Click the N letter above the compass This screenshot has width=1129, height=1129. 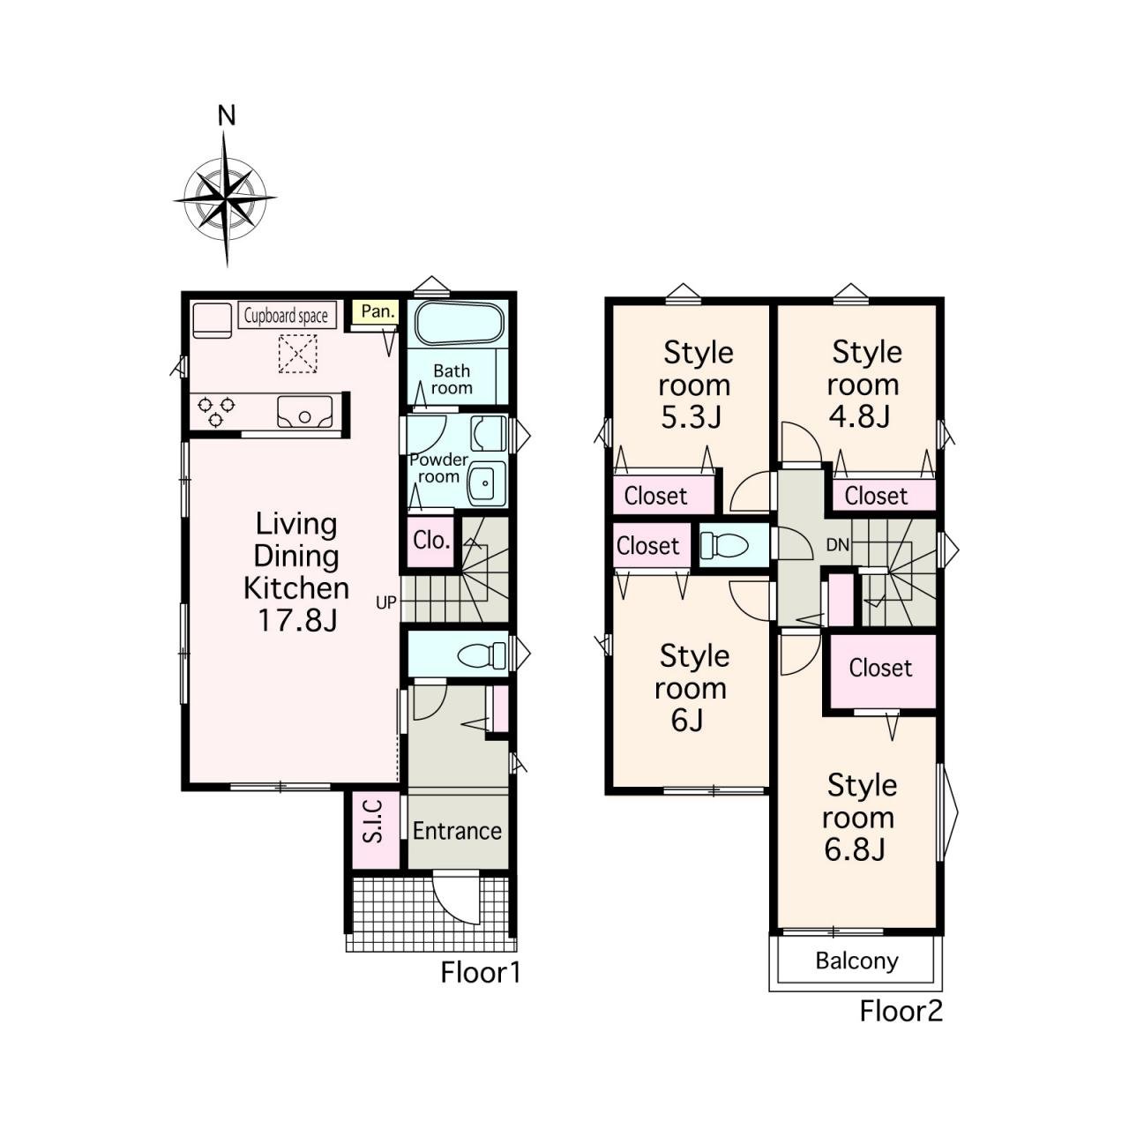coord(226,116)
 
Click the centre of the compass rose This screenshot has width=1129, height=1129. coord(226,198)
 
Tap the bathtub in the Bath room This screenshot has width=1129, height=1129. coord(460,324)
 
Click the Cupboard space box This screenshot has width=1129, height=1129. coord(287,315)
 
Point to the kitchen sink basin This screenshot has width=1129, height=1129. coord(304,411)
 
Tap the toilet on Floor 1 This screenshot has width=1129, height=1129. coord(482,654)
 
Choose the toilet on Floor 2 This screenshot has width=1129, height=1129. coord(725,545)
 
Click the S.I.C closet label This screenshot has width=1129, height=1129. coord(372,830)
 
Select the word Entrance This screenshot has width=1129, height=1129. coord(457,831)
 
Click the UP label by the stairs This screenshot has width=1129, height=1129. coord(386,602)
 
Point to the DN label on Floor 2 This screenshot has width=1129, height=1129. coord(837,545)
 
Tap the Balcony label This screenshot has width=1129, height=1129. coord(856,961)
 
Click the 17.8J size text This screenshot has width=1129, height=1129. coord(297,620)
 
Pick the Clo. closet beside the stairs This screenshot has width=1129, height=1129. coord(431,540)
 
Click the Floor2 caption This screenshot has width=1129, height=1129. coord(901,1011)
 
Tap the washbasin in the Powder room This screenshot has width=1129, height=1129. coord(486,483)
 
